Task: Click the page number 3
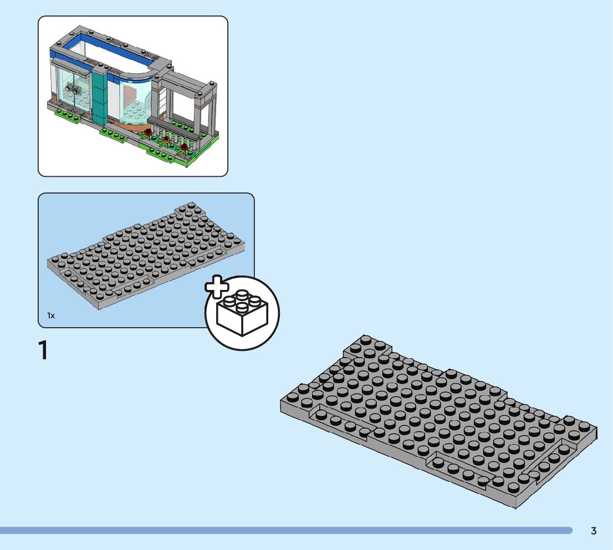[594, 531]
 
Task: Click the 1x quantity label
[51, 315]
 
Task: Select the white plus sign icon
[217, 286]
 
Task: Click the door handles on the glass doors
[71, 89]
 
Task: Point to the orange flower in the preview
[166, 141]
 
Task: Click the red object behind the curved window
[130, 94]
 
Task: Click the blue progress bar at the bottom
[285, 531]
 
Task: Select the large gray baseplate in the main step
[438, 421]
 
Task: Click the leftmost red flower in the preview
[148, 133]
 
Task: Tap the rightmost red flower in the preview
[184, 147]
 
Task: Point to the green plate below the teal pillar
[114, 134]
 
